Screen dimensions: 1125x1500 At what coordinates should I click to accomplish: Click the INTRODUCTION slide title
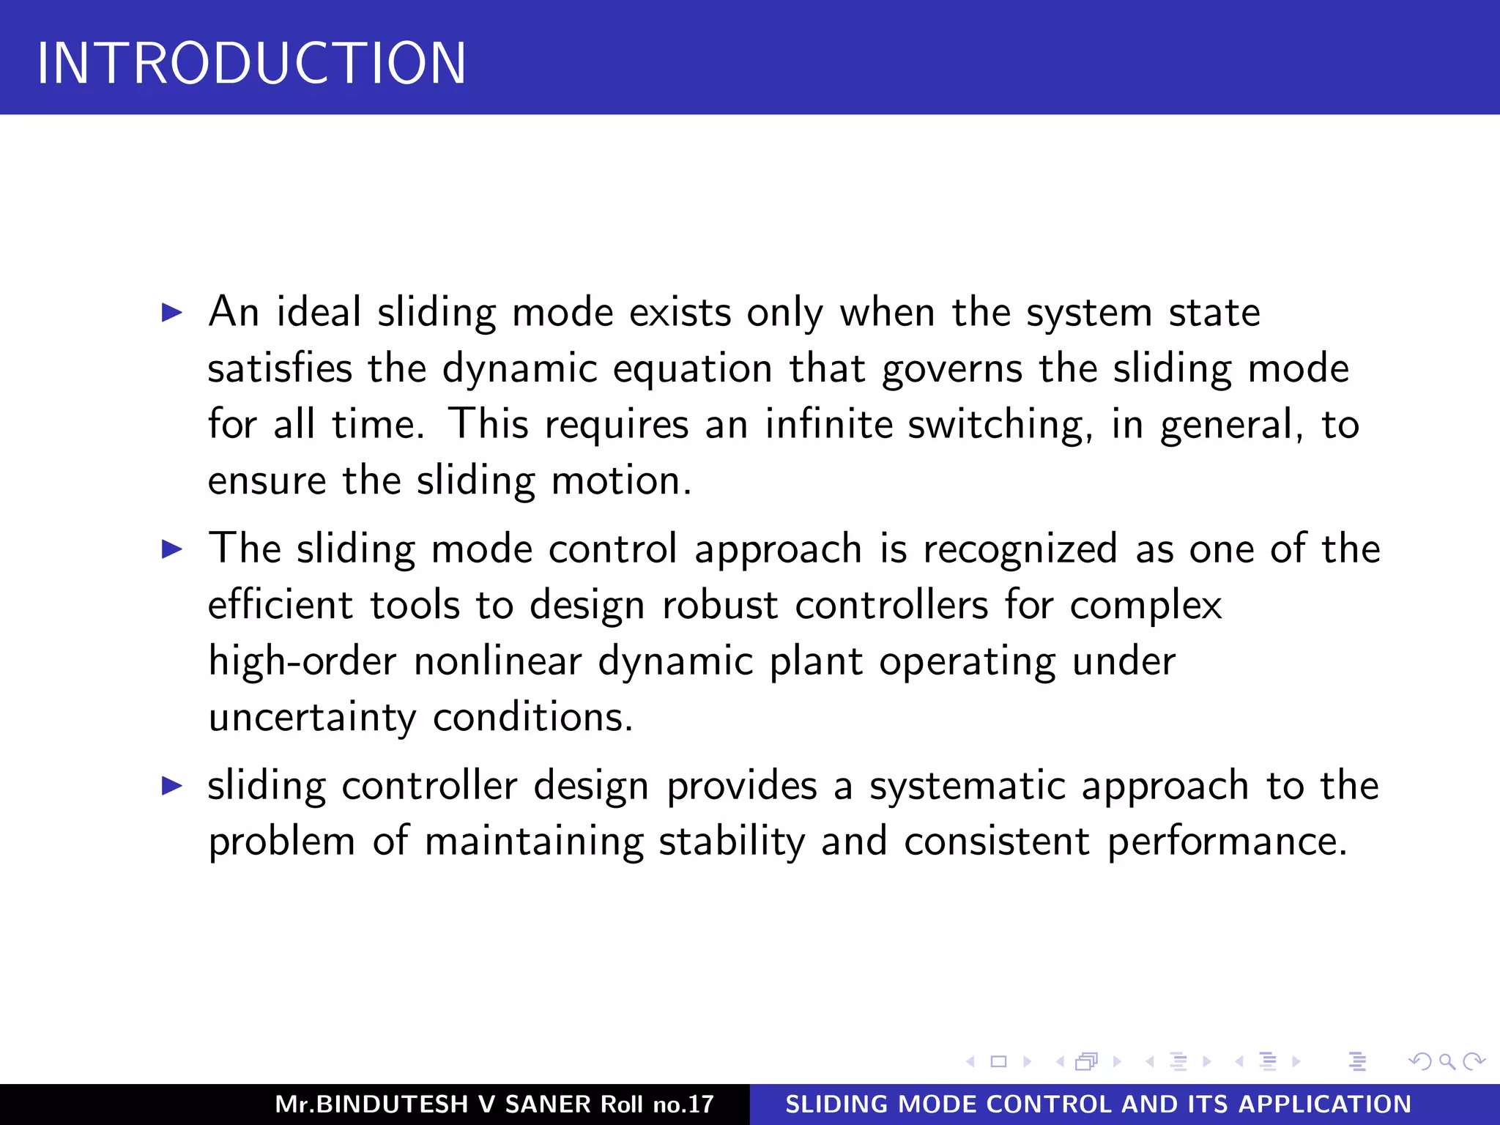coord(251,64)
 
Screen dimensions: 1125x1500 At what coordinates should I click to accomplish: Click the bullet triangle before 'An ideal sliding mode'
coord(171,313)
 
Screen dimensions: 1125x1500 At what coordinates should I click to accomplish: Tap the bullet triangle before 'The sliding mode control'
coord(171,549)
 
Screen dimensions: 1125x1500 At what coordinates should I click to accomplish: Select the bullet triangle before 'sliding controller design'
coord(171,786)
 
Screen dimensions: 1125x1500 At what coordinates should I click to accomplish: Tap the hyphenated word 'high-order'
coord(302,662)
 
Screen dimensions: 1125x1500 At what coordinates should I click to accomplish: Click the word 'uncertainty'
coord(312,718)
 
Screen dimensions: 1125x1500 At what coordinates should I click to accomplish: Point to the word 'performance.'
coord(1227,842)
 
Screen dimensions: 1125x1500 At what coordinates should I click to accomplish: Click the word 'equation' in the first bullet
coord(692,369)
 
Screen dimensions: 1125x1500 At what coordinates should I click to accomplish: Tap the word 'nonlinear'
coord(497,661)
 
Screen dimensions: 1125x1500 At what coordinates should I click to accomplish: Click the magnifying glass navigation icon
coord(1447,1061)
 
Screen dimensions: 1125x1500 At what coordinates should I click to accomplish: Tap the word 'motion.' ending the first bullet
coord(621,482)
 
